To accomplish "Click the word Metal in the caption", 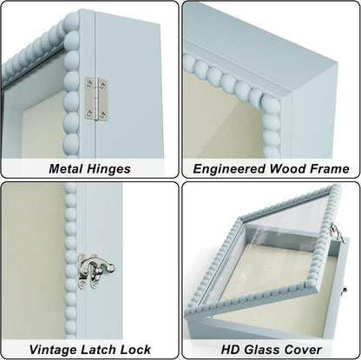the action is (x=65, y=168).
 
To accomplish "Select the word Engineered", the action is (x=229, y=169).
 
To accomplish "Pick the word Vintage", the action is (x=52, y=350).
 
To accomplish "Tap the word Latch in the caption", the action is (x=98, y=350).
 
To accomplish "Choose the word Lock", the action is (x=135, y=350).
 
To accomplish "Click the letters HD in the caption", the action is (x=231, y=350).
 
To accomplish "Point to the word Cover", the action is (x=303, y=350).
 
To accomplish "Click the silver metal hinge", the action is (x=96, y=99).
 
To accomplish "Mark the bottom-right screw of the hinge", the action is (x=102, y=115).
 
